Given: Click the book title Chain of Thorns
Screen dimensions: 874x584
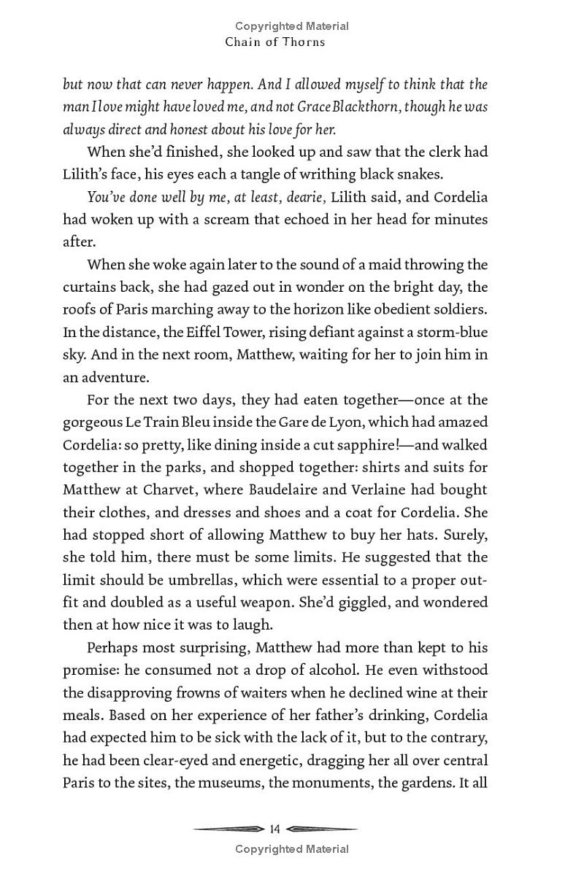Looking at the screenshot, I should pos(275,42).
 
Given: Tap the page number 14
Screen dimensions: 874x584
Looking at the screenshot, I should pos(275,829).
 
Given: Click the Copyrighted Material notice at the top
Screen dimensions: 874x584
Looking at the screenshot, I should pos(292,26).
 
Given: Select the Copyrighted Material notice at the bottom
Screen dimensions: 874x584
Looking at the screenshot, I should pos(292,848).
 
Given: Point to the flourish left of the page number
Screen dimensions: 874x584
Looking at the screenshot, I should pos(228,829).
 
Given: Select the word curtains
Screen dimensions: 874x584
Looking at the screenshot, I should pos(91,287).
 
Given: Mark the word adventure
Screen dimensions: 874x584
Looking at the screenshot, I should pos(116,378).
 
